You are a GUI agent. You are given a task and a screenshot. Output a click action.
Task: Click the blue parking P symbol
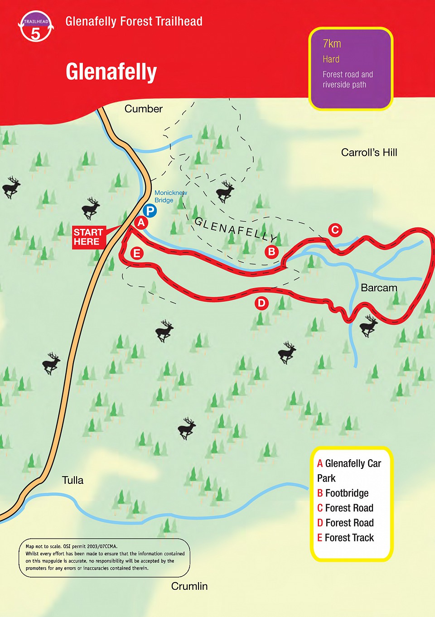(x=150, y=211)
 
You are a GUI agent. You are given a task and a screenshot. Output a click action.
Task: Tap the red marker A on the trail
(x=141, y=222)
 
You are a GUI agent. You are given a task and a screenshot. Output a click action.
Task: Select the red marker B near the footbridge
(x=271, y=251)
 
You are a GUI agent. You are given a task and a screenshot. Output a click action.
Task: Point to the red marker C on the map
(x=335, y=230)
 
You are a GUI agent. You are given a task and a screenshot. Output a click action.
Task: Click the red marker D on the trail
(x=261, y=303)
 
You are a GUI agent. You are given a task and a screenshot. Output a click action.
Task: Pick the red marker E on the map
(x=137, y=253)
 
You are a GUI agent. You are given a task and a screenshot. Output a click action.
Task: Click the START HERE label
(x=88, y=237)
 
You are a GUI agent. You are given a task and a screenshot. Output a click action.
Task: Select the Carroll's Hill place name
(x=369, y=153)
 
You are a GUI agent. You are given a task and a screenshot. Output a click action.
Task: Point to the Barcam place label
(x=379, y=288)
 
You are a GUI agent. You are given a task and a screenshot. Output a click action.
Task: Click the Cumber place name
(x=143, y=109)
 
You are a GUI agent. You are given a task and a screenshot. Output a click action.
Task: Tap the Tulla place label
(x=72, y=480)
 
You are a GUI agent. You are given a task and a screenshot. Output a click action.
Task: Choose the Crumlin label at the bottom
(x=189, y=586)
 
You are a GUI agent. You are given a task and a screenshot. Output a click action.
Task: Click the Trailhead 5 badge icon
(x=36, y=27)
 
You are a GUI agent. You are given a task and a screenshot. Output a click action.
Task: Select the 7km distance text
(x=332, y=44)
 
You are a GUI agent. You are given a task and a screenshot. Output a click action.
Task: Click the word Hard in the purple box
(x=331, y=59)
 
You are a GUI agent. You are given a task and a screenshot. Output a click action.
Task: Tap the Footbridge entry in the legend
(x=343, y=493)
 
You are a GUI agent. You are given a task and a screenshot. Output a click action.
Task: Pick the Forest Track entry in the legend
(x=346, y=538)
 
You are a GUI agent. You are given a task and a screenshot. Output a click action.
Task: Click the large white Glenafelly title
(x=111, y=72)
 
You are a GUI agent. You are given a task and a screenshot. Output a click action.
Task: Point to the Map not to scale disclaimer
(x=104, y=557)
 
